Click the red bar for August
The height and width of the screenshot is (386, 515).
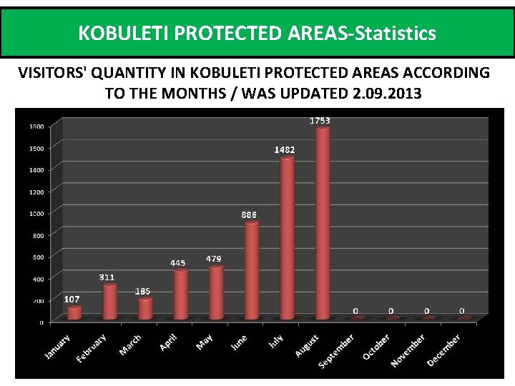click(323, 223)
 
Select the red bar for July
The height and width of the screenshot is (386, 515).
click(287, 238)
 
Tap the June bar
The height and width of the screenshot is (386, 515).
click(252, 270)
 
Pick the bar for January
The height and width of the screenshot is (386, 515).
click(74, 312)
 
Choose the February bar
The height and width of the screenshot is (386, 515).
click(109, 302)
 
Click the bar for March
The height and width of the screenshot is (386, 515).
click(145, 308)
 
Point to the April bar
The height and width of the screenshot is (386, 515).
click(181, 294)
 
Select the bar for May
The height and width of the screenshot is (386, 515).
click(216, 292)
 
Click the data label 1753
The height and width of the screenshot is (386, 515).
click(320, 121)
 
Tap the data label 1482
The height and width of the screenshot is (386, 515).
click(285, 149)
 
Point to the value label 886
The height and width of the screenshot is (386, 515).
click(249, 214)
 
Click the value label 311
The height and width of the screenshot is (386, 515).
click(107, 277)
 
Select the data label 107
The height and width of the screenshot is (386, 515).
click(72, 300)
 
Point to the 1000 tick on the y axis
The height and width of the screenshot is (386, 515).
click(36, 213)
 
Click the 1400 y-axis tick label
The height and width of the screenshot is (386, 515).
click(36, 169)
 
